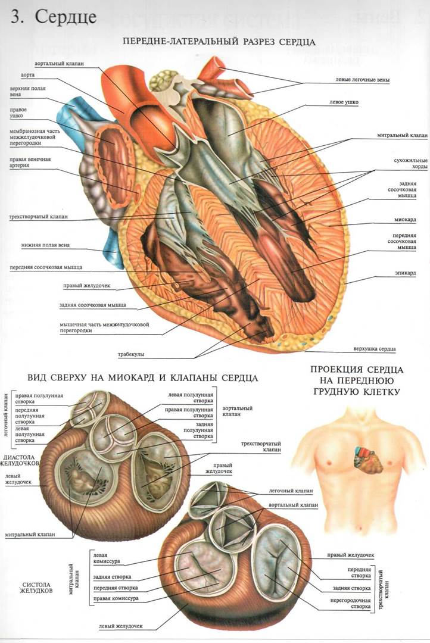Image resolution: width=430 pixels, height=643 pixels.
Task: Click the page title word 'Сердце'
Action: [66, 17]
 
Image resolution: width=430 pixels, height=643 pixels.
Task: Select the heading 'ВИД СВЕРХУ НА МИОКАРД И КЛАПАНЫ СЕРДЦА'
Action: [142, 377]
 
